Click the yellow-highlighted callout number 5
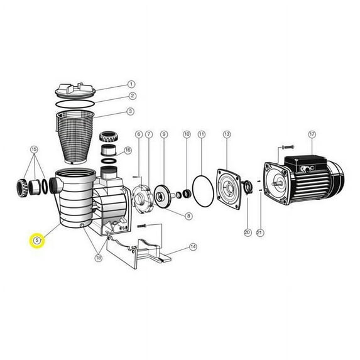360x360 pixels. click(36, 241)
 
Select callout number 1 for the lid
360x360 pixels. click(131, 84)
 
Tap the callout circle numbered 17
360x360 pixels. click(312, 134)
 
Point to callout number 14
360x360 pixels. click(193, 247)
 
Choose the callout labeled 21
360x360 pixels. click(259, 232)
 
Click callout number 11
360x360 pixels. click(202, 134)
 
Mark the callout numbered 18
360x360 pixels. click(98, 258)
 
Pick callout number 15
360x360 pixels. click(34, 150)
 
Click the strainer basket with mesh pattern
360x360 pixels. click(75, 137)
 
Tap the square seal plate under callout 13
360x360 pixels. click(229, 189)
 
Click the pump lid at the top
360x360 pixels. click(75, 90)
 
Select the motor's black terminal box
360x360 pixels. click(305, 164)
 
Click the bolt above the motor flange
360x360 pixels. click(288, 147)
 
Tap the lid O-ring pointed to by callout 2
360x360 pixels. click(75, 104)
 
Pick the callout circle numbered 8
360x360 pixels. click(188, 216)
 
